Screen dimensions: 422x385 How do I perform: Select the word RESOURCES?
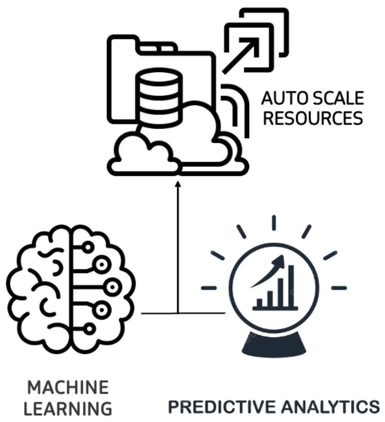click(x=313, y=118)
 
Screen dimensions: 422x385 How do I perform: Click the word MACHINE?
click(x=68, y=388)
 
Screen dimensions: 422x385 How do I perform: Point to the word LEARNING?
click(x=68, y=409)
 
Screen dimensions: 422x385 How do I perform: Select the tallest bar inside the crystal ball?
click(x=291, y=286)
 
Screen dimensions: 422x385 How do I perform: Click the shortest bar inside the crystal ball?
click(x=259, y=302)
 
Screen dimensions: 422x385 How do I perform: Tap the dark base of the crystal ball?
click(x=273, y=345)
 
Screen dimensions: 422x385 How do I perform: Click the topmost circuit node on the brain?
click(x=88, y=247)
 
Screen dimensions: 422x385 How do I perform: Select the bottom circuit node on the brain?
click(x=90, y=329)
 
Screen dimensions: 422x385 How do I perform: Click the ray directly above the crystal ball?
click(x=273, y=223)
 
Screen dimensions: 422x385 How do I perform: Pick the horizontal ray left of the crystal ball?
click(x=209, y=288)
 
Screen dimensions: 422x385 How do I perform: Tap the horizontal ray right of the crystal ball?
click(x=339, y=288)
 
